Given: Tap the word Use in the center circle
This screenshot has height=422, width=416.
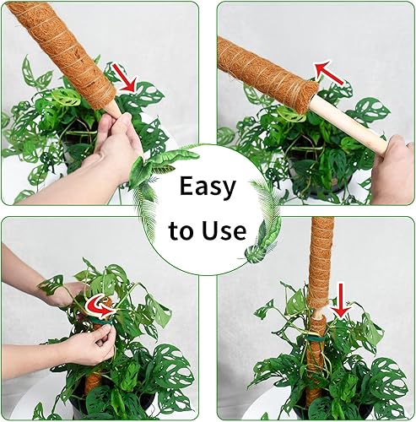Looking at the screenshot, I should click(x=223, y=230).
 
